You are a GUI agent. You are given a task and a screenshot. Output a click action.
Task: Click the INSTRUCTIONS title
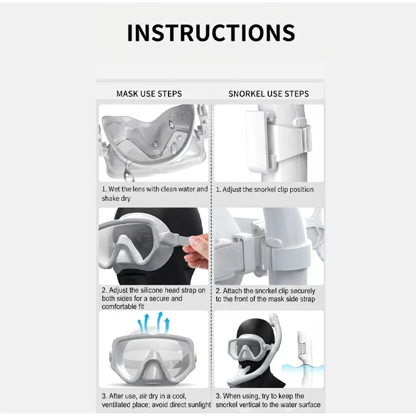(x=211, y=33)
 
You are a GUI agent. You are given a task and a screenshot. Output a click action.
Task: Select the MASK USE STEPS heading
(x=149, y=94)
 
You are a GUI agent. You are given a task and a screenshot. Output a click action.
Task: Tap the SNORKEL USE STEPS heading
(x=268, y=94)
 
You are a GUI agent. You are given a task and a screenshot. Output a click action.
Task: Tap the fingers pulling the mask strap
(x=196, y=248)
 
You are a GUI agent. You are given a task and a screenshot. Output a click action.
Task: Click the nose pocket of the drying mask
(x=153, y=366)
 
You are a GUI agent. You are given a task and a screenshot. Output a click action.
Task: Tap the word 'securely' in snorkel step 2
(x=303, y=291)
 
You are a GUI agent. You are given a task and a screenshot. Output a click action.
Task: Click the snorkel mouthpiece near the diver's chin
(x=239, y=376)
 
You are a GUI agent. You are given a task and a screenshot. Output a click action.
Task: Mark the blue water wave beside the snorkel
(x=303, y=369)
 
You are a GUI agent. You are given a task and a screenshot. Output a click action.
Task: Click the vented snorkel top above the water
(x=303, y=344)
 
